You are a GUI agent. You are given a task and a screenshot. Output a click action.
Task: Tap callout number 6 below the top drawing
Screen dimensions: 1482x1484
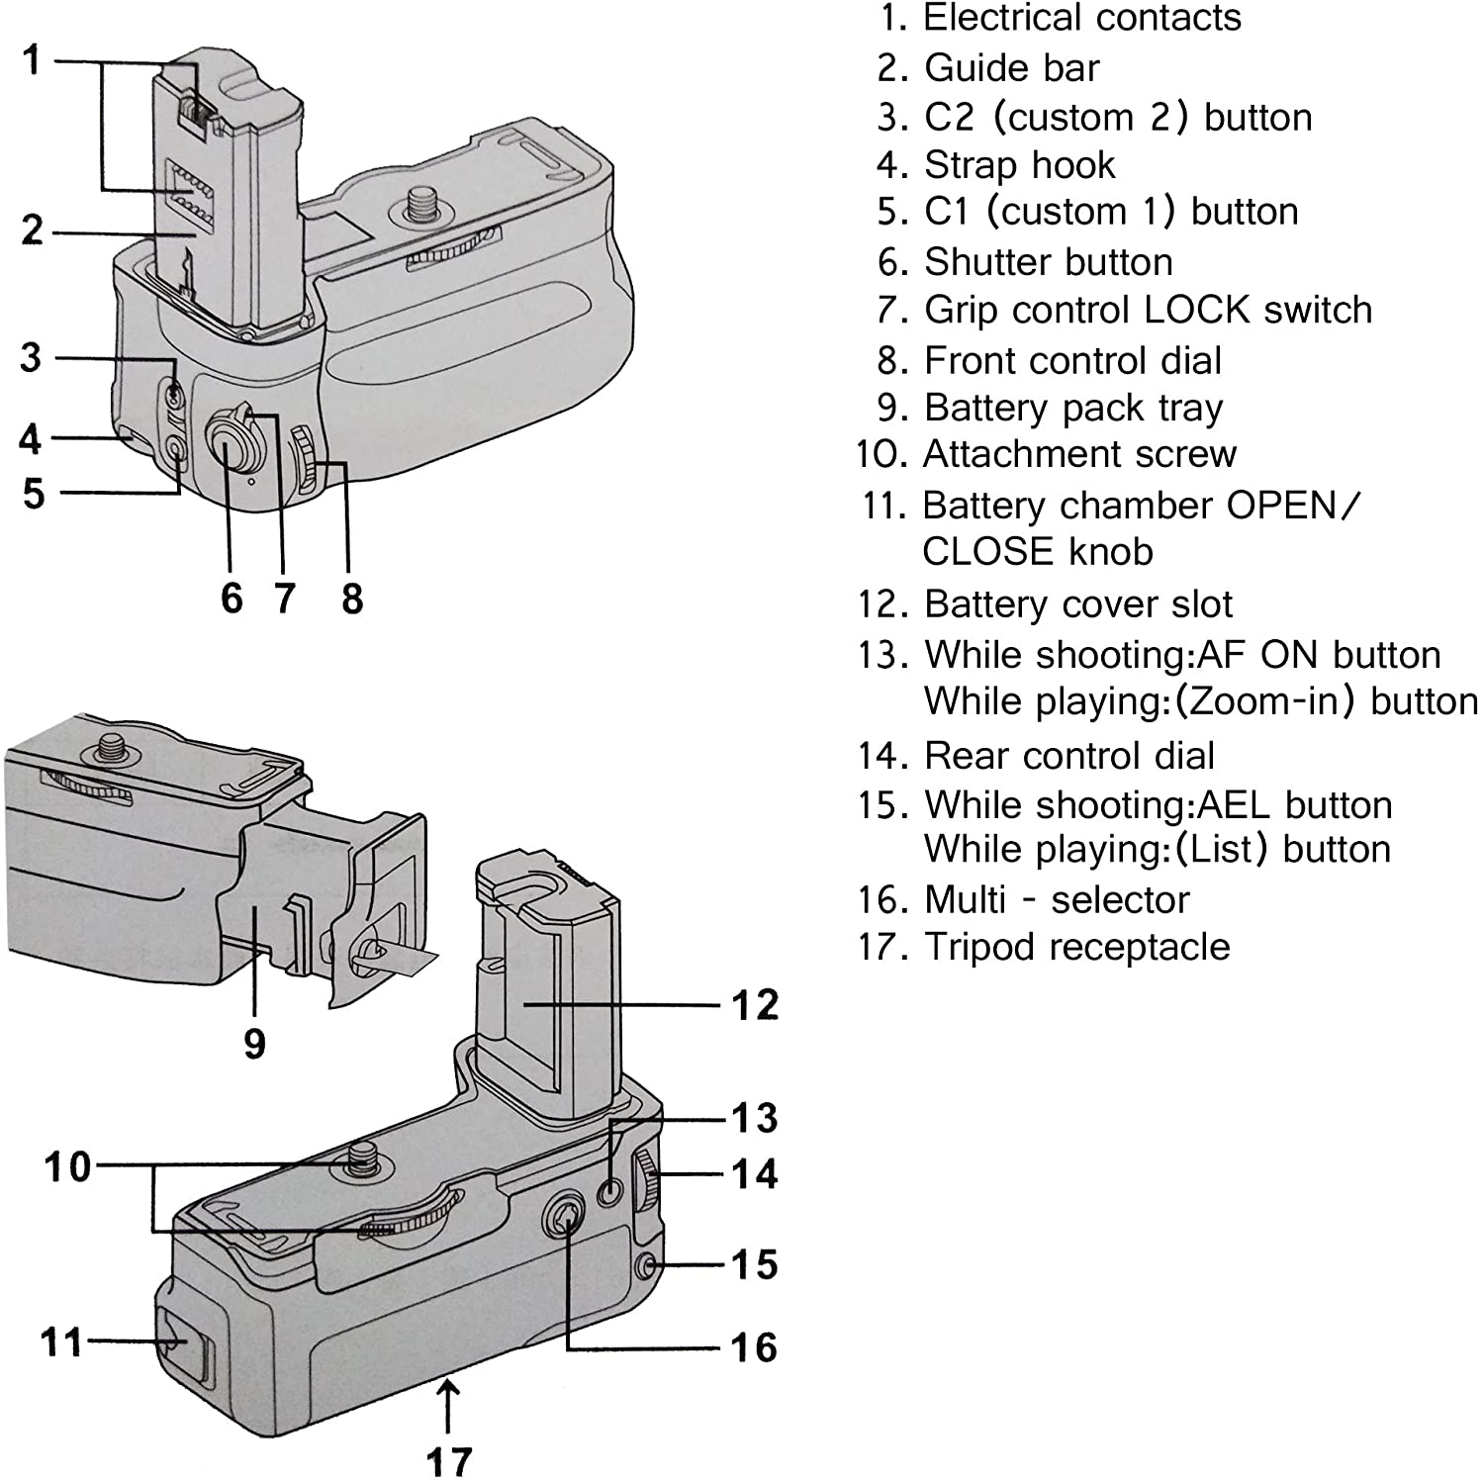click(232, 598)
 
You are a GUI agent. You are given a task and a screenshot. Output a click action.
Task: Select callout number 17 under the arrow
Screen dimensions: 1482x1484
click(449, 1460)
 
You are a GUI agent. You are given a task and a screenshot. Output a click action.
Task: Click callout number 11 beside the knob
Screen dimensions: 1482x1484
click(61, 1343)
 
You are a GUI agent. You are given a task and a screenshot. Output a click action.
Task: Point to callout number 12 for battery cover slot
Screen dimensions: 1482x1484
click(755, 1004)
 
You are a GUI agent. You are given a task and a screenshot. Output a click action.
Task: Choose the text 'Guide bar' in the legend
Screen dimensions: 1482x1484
click(1011, 68)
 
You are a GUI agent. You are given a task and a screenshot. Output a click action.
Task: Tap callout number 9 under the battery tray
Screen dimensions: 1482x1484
click(254, 1043)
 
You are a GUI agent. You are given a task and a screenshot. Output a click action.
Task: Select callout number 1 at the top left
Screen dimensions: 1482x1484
click(33, 60)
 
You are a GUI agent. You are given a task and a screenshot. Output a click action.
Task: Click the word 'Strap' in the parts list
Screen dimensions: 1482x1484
click(969, 165)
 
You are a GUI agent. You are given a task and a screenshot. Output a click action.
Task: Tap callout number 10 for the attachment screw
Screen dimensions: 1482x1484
click(67, 1167)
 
